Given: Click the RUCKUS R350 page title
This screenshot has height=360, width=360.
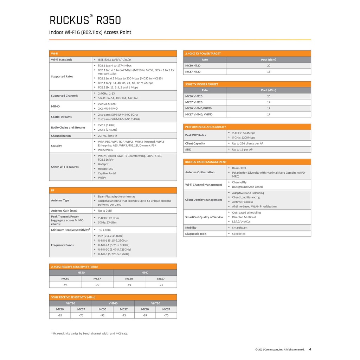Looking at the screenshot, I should (85, 20).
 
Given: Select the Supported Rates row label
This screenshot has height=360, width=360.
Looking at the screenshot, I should (62, 76).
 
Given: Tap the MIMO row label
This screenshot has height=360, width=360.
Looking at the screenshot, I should (56, 106).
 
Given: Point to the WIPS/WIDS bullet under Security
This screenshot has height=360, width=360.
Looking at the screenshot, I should (105, 150).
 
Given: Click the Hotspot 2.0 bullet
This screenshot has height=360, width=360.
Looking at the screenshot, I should (105, 169).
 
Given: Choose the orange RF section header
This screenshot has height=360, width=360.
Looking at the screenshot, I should (113, 190).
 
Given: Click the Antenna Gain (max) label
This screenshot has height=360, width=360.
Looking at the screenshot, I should (64, 211).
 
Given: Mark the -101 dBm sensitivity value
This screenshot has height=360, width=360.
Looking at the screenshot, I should (104, 230).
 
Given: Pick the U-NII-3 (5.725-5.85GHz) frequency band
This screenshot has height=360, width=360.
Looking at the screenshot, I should (114, 254).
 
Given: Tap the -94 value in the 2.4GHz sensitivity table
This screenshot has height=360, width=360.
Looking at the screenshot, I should (65, 285).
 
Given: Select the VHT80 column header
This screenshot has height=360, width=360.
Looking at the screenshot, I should (155, 303).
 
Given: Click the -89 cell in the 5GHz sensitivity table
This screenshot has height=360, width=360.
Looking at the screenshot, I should (145, 315).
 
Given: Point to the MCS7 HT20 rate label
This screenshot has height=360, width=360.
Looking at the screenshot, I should (193, 72).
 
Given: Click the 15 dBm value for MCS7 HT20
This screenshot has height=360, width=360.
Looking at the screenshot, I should (269, 72).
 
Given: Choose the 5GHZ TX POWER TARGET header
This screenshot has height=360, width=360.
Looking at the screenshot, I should (202, 84).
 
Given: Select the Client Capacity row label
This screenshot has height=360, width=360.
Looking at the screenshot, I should (195, 143).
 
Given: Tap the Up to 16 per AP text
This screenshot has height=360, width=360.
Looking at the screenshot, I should (242, 149).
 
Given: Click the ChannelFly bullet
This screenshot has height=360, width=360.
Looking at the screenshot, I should (239, 182).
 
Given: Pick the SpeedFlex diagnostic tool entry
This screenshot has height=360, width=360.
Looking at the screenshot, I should (239, 234).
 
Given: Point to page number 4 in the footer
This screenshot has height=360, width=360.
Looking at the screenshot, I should (310, 349).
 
